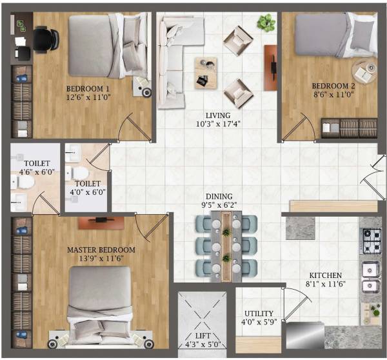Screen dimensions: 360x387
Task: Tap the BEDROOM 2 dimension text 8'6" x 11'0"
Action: (x=333, y=94)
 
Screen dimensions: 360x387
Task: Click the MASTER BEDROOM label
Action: (x=101, y=249)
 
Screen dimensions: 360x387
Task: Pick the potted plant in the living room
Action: (x=264, y=23)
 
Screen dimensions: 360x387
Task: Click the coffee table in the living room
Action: (x=206, y=71)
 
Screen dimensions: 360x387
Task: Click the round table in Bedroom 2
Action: (x=363, y=71)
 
